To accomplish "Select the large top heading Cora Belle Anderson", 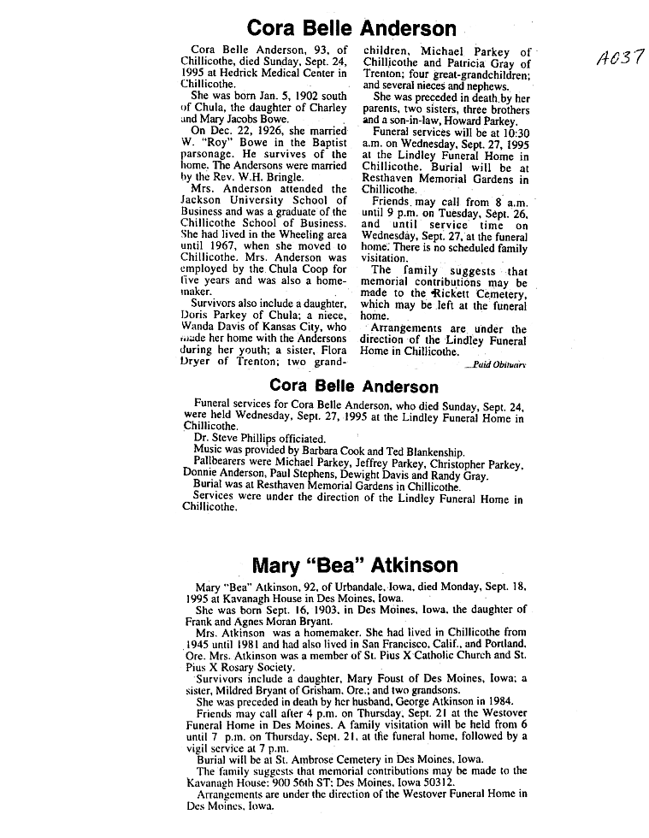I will coord(351,28).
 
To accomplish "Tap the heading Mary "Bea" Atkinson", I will coord(355,564).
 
